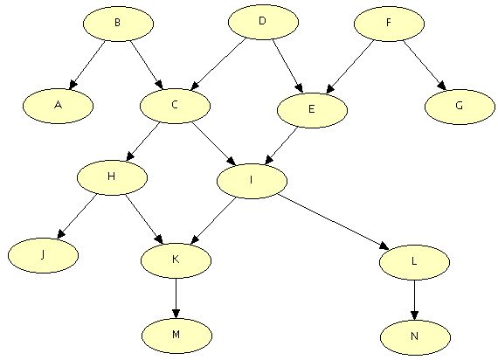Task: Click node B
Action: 119,24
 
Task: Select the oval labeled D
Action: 263,22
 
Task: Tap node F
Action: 389,24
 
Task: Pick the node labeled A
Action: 58,106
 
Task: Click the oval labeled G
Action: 460,107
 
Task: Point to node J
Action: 43,255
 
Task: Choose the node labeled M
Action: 176,336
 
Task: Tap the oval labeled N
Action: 415,337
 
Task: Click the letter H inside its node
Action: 112,176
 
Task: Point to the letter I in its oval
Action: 252,180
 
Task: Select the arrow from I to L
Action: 333,222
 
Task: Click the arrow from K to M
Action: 176,298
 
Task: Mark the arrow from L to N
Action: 414,300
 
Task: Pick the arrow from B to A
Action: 87,66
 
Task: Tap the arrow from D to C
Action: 218,65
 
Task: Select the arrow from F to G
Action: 425,66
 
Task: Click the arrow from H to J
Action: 77,217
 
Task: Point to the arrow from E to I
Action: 281,146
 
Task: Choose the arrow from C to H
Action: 142,142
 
